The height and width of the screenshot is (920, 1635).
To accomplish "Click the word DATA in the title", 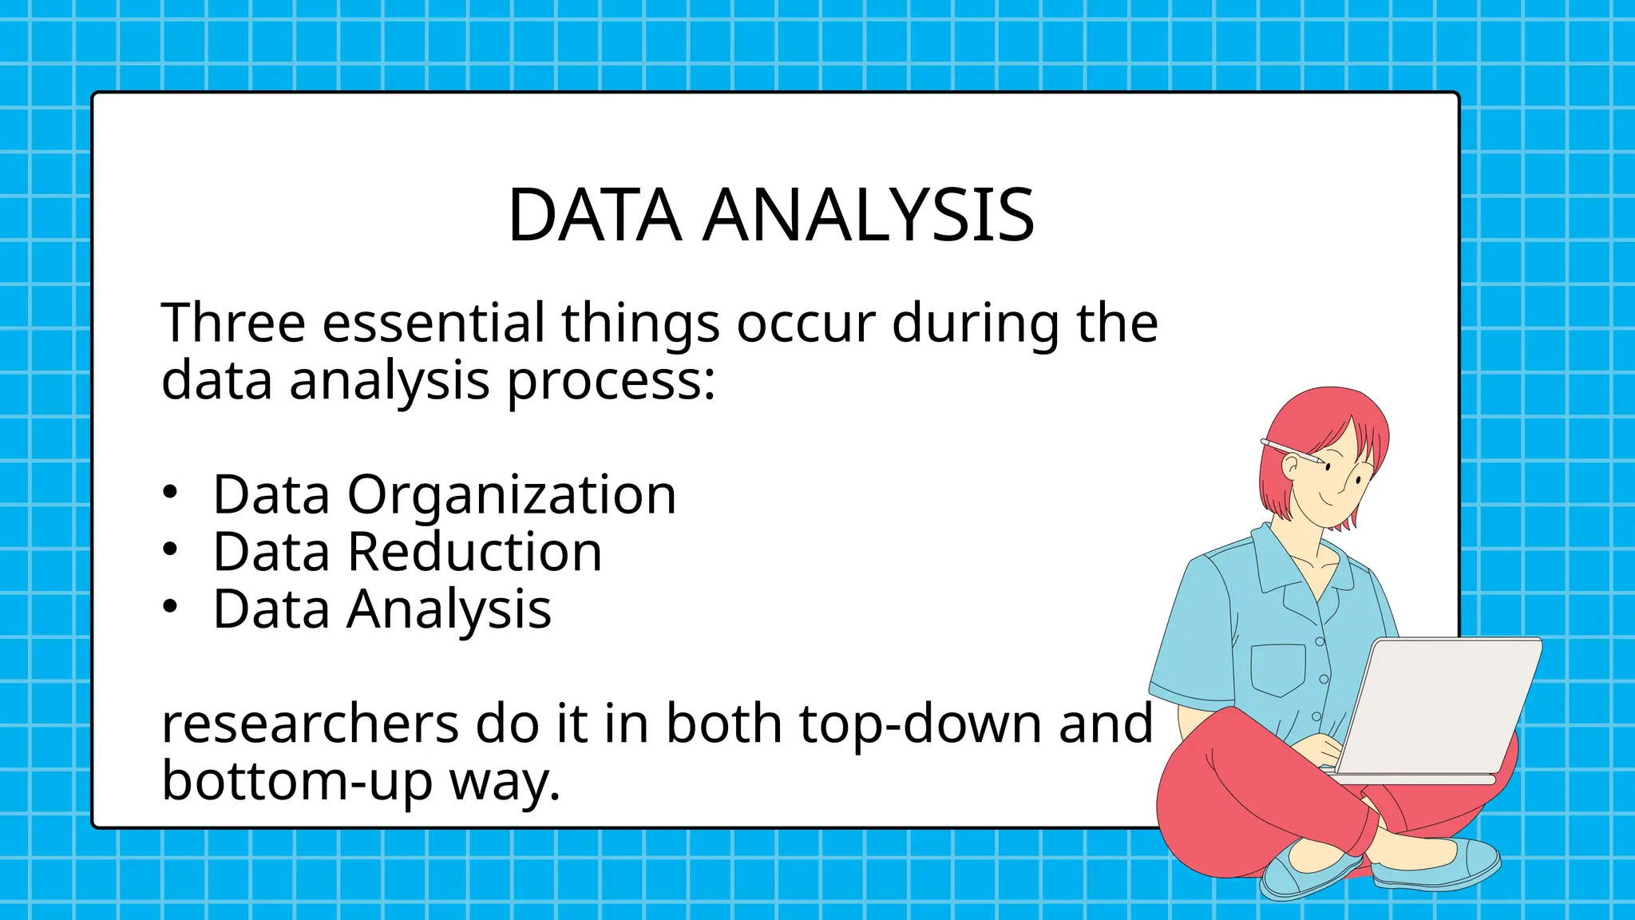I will pyautogui.click(x=595, y=216).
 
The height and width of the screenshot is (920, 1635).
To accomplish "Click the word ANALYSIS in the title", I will pyautogui.click(x=869, y=216).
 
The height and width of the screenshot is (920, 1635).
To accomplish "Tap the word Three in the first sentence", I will pyautogui.click(x=233, y=323).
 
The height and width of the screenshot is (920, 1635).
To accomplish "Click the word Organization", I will pyautogui.click(x=511, y=495).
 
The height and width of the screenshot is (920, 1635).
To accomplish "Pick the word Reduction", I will pyautogui.click(x=474, y=553).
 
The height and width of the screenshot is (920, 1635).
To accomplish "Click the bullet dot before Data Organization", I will pyautogui.click(x=169, y=493).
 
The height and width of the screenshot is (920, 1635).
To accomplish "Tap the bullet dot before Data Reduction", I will pyautogui.click(x=169, y=549).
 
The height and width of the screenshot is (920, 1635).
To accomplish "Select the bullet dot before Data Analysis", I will pyautogui.click(x=169, y=607).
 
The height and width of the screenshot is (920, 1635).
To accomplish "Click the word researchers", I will pyautogui.click(x=310, y=725).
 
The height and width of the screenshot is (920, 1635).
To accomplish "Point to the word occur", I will pyautogui.click(x=806, y=323).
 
